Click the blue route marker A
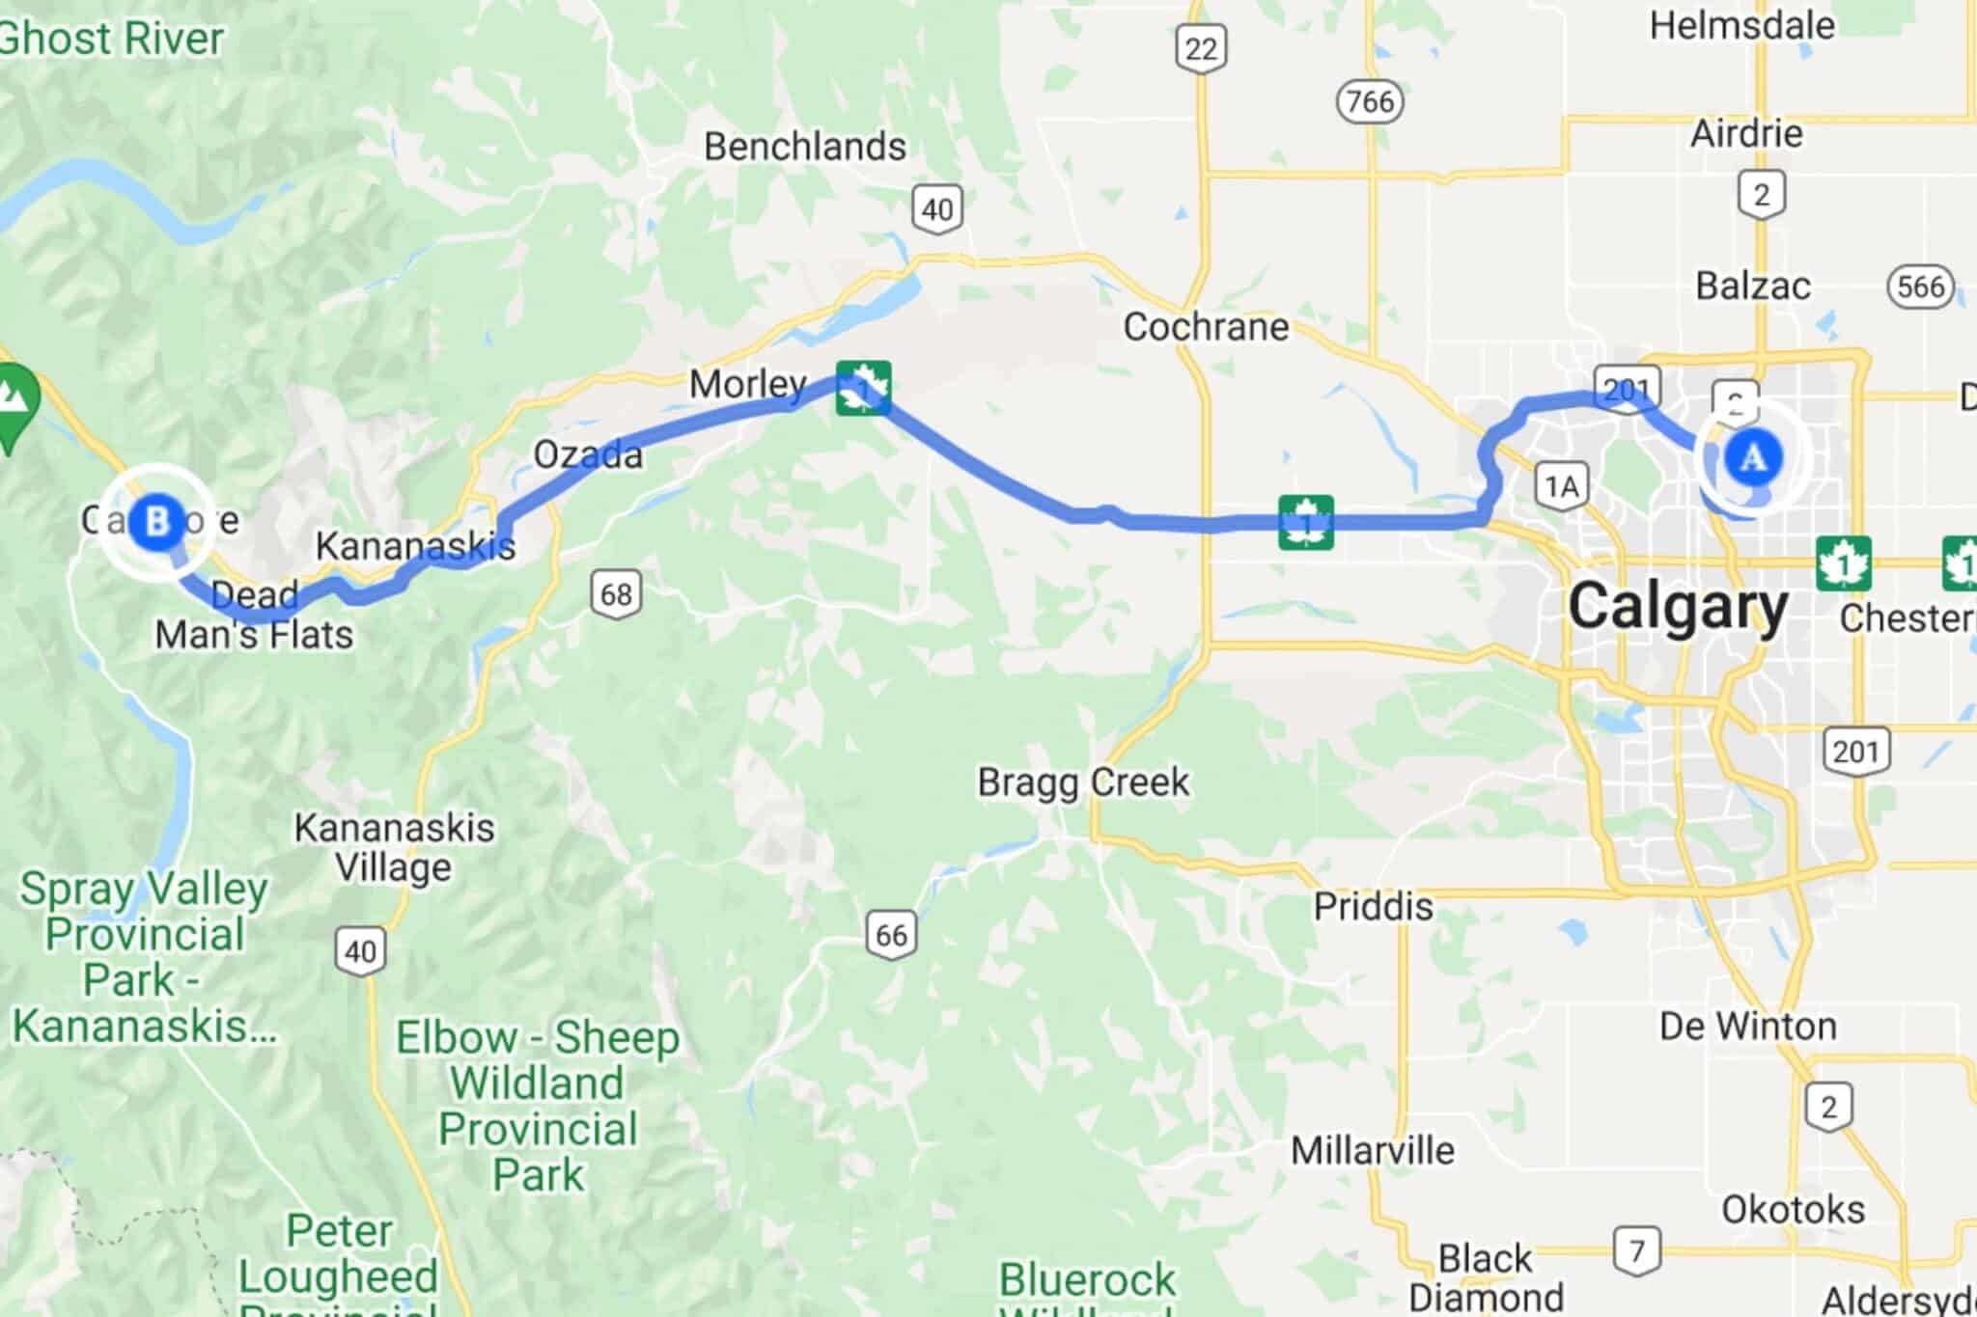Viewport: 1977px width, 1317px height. (1753, 456)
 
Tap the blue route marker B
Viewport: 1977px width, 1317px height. (155, 522)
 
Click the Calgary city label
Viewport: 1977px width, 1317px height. (1678, 607)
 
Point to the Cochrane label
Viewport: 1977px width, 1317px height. (1206, 327)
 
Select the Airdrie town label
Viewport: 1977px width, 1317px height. (1746, 133)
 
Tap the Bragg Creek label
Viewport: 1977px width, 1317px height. (1083, 782)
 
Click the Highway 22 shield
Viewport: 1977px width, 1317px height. (1201, 47)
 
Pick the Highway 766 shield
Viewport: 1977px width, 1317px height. (1370, 101)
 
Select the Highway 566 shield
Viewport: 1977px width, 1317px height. (1920, 286)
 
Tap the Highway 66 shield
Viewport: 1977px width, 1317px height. (890, 934)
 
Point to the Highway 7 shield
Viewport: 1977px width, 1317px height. (1636, 1251)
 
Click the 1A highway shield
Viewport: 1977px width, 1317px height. (1562, 485)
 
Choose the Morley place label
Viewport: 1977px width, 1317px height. (748, 385)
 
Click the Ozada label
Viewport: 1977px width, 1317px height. (588, 454)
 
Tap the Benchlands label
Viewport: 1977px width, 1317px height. (805, 147)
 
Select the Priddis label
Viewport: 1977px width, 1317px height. (1373, 906)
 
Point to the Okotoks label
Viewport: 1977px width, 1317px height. (1793, 1209)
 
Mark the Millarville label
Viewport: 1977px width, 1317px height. (1372, 1150)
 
